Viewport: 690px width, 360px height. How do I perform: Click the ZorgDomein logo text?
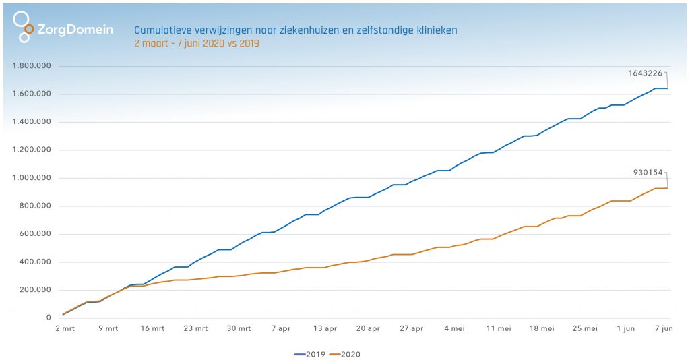(x=75, y=30)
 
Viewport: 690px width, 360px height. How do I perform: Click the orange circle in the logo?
(x=28, y=29)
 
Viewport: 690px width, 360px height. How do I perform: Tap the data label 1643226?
(x=644, y=74)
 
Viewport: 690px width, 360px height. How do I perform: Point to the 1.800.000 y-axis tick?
(x=33, y=66)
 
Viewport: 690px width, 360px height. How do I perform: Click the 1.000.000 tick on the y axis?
(x=33, y=178)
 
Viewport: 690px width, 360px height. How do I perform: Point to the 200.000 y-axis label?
(x=36, y=290)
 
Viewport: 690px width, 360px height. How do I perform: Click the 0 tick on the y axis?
(x=49, y=318)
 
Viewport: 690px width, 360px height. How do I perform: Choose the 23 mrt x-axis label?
(x=196, y=328)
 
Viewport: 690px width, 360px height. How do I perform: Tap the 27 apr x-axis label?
(x=412, y=328)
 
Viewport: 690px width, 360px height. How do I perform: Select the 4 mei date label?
(x=455, y=328)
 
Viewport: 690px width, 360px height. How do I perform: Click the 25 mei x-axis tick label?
(x=585, y=328)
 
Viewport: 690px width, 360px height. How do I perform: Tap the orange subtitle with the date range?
(x=197, y=43)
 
